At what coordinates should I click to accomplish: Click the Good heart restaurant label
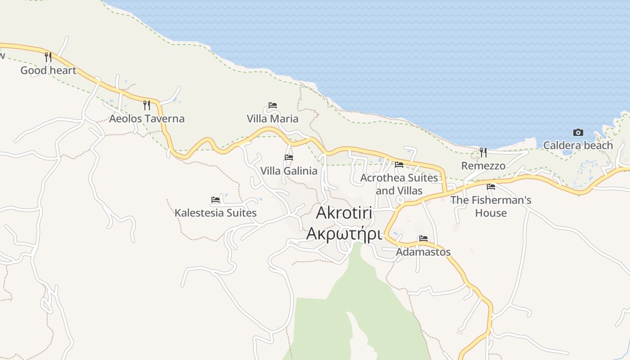pos(48,70)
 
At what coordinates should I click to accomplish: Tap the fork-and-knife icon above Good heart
pos(48,57)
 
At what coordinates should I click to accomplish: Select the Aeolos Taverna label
pos(147,119)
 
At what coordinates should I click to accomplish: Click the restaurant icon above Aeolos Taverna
pos(146,105)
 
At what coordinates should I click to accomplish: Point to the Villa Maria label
pos(272,119)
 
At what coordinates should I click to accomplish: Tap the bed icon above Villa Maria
pos(273,105)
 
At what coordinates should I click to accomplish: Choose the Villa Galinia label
pos(288,171)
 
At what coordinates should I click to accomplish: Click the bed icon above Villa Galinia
pos(289,157)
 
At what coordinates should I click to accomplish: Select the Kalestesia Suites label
pos(216,213)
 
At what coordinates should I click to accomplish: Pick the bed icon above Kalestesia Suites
pos(216,200)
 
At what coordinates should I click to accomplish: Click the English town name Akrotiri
pos(344,213)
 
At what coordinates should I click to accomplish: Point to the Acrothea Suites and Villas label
pos(399,184)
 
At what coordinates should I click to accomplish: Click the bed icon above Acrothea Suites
pos(399,165)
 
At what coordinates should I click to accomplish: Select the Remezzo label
pos(483,166)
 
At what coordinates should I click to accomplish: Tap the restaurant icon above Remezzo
pos(483,153)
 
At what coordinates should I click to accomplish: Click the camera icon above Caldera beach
pos(578,132)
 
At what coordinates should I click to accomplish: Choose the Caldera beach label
pos(578,145)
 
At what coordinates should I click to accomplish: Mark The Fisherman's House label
pos(491,206)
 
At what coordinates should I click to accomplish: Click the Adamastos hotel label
pos(423,252)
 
